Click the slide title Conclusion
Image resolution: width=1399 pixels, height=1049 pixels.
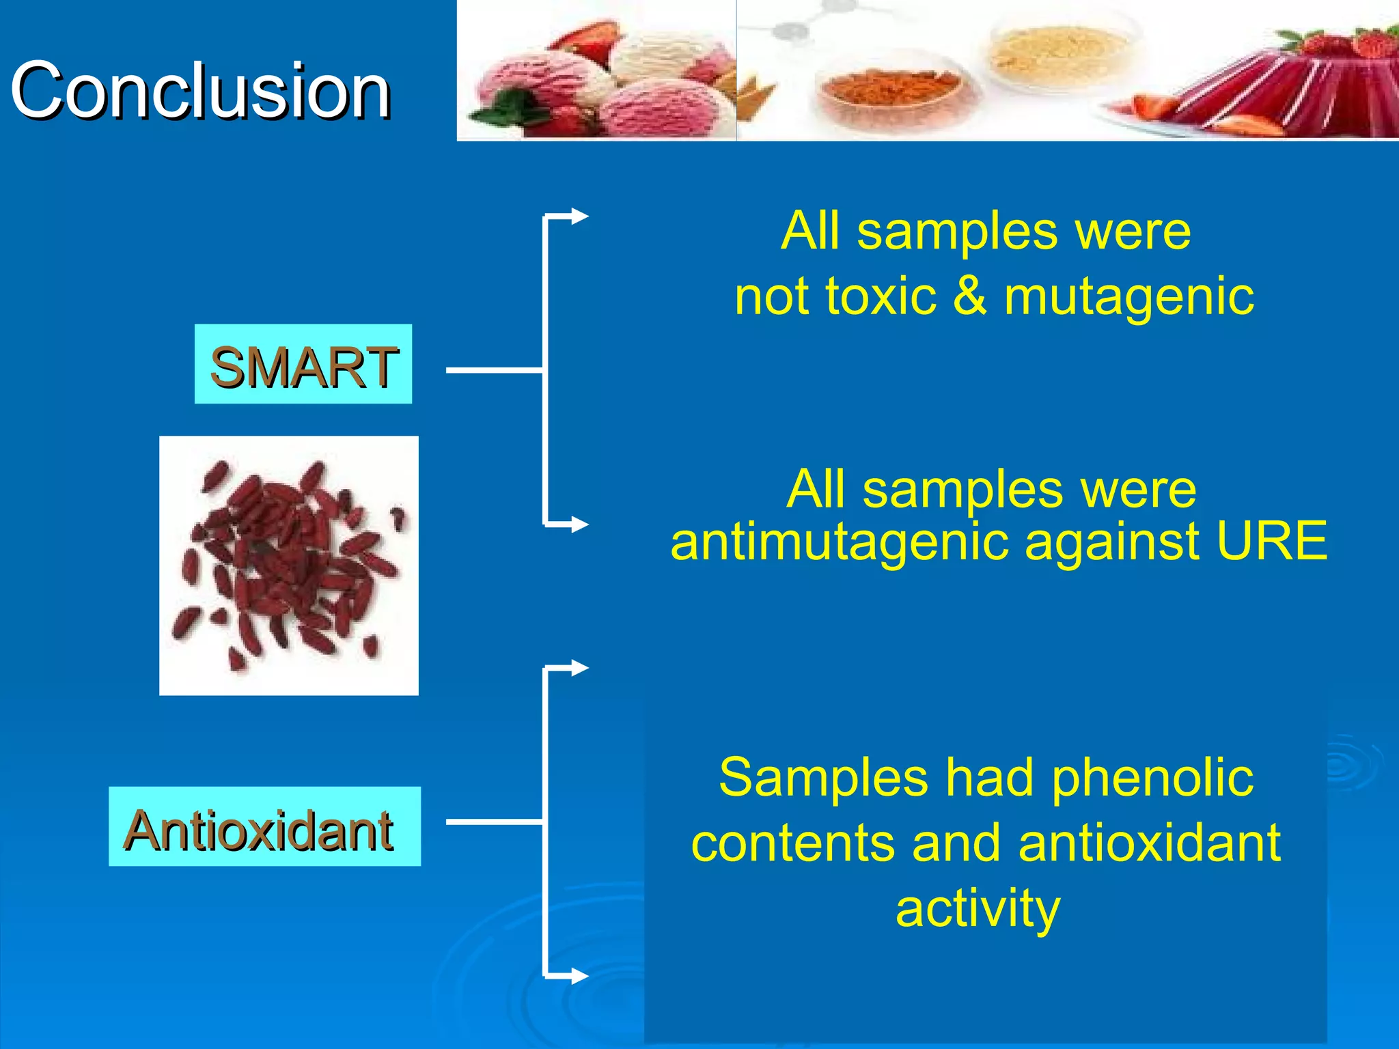click(200, 90)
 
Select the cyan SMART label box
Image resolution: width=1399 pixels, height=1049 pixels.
click(303, 364)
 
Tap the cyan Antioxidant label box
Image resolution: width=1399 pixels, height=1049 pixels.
click(264, 826)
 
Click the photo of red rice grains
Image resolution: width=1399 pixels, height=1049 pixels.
click(289, 565)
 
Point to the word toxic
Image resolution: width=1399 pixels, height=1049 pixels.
click(881, 297)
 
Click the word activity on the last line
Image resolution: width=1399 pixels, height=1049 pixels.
click(978, 908)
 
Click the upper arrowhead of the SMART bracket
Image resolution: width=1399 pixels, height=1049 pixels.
click(580, 216)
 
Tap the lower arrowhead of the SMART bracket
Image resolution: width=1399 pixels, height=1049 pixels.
click(580, 524)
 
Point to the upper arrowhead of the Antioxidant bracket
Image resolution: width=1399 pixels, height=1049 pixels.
click(580, 668)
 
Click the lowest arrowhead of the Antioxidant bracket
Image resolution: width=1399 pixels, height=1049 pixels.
click(580, 976)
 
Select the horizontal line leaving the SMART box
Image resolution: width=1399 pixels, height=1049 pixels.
click(494, 370)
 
